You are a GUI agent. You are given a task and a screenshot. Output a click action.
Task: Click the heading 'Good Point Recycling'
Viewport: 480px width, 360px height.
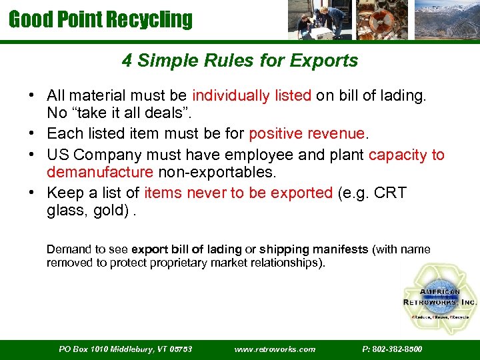coord(100,19)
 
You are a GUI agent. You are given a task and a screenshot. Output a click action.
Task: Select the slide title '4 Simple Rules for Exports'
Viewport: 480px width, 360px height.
coord(240,61)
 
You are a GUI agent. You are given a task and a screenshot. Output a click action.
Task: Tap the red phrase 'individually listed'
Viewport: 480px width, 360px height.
coord(252,96)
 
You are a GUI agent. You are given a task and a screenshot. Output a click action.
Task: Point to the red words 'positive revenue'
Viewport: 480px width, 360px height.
coord(307,133)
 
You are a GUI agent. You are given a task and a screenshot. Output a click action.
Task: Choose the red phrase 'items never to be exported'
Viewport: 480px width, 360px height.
coord(238,193)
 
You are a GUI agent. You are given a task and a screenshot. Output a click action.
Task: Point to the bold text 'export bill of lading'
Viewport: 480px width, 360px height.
coord(187,249)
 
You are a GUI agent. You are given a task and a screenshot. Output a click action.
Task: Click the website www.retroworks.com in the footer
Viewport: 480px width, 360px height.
coord(275,349)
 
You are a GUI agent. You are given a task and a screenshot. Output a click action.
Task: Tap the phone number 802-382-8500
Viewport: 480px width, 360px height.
coord(392,349)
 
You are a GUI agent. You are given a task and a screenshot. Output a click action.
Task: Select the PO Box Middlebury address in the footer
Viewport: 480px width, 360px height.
coord(125,349)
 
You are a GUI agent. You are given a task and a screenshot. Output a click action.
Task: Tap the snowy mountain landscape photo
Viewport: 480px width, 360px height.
coord(446,20)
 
